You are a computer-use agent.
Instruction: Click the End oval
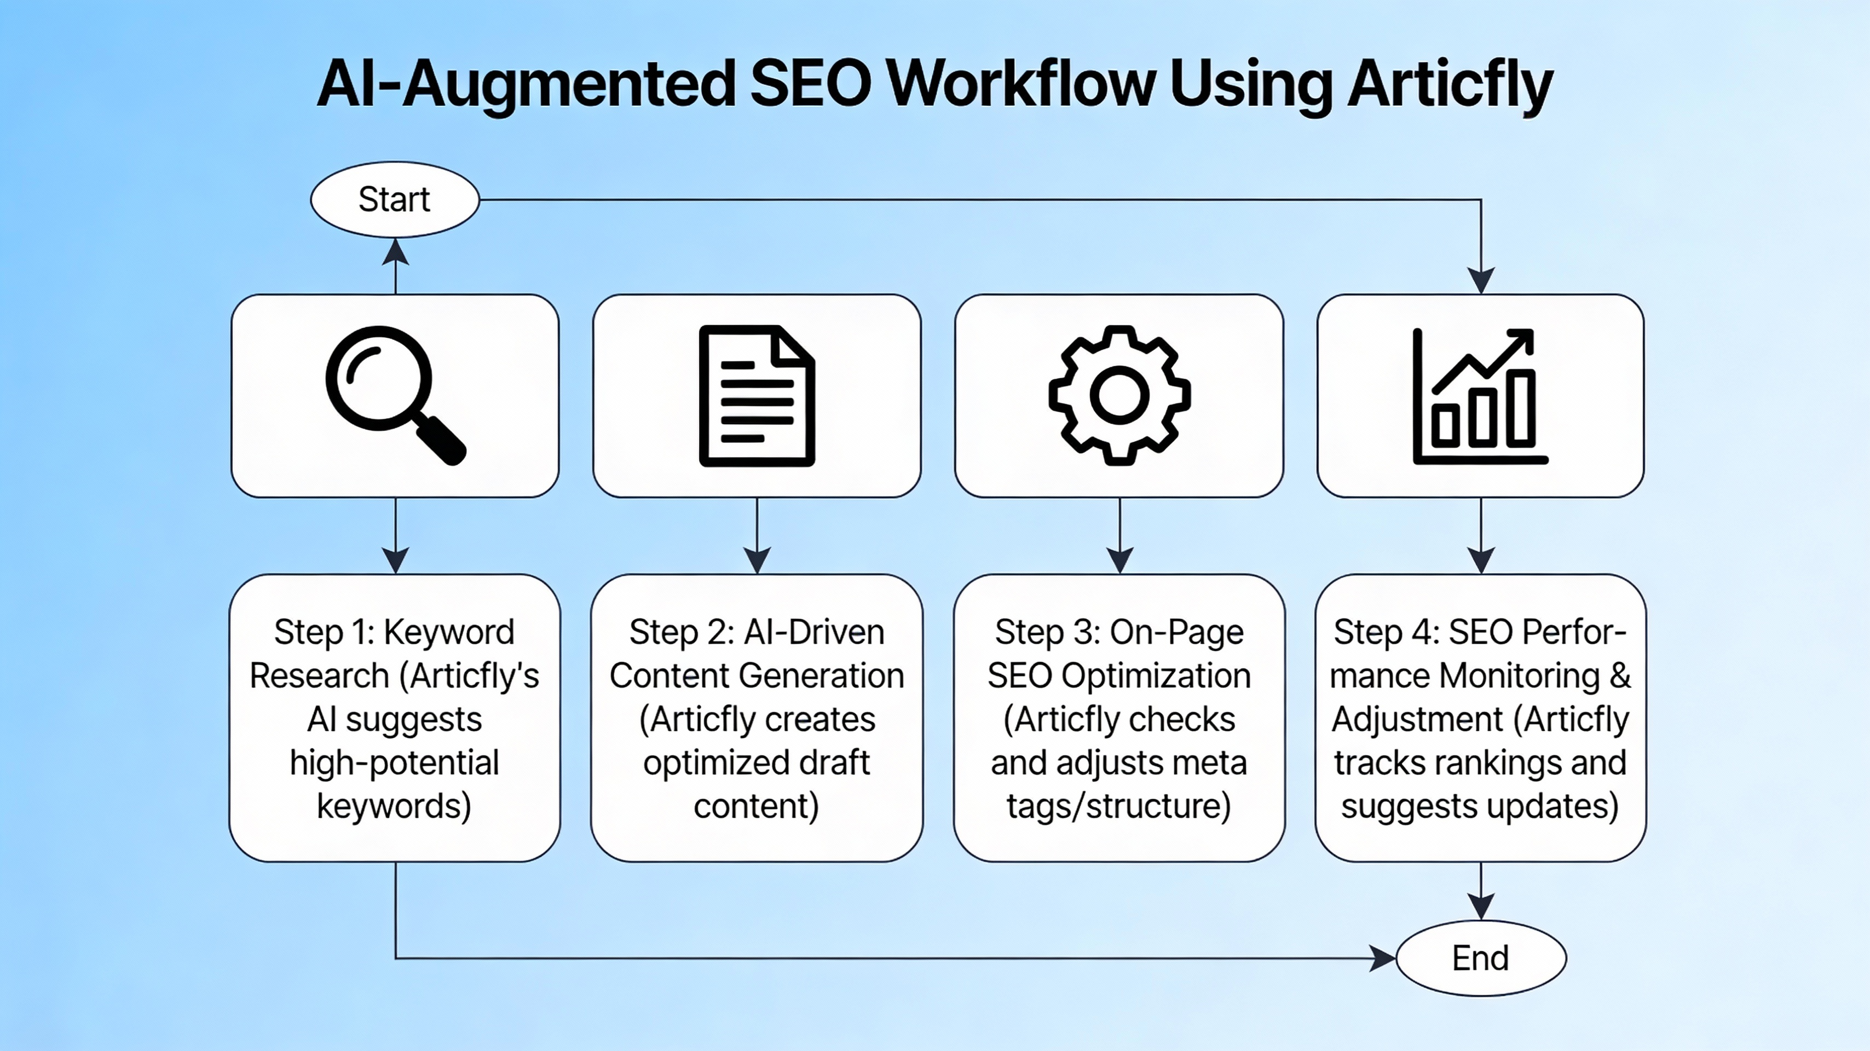(x=1480, y=958)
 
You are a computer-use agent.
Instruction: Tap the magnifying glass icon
(x=394, y=395)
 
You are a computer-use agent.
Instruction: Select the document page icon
(x=757, y=396)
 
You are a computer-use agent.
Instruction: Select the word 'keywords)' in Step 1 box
(x=394, y=806)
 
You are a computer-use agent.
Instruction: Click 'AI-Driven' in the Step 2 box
(x=815, y=632)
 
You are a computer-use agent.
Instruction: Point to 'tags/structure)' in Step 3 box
(x=1119, y=806)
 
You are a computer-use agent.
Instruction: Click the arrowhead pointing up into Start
(x=395, y=252)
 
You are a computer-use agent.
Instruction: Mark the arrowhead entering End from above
(x=1481, y=906)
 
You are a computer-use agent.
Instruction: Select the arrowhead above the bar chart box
(x=1481, y=280)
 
